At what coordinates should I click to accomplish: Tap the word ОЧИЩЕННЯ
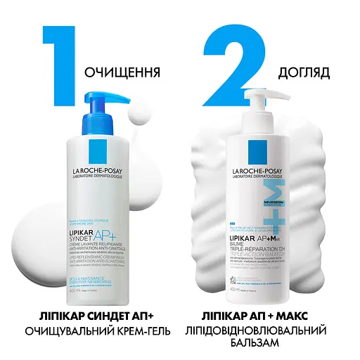[x=122, y=73]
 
